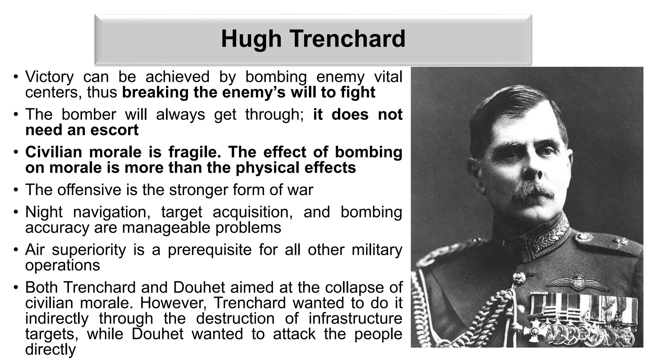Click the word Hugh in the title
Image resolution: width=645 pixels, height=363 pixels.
pyautogui.click(x=251, y=39)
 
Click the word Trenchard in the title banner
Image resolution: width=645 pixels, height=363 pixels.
pyautogui.click(x=347, y=39)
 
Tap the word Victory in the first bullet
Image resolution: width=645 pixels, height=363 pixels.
pyautogui.click(x=49, y=77)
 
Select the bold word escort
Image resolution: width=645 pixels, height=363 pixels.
pyautogui.click(x=114, y=130)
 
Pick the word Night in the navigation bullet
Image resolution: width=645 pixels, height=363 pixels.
pyautogui.click(x=44, y=212)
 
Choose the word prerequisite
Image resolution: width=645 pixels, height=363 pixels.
pyautogui.click(x=209, y=250)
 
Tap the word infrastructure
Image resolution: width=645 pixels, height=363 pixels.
pyautogui.click(x=355, y=319)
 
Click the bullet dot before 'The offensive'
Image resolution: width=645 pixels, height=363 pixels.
pyautogui.click(x=16, y=190)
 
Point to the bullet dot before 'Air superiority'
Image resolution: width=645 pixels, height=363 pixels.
pyautogui.click(x=16, y=250)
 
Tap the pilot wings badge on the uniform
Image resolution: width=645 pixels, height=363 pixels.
pyautogui.click(x=578, y=281)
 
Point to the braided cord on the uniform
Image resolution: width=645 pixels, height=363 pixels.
pyautogui.click(x=491, y=318)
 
